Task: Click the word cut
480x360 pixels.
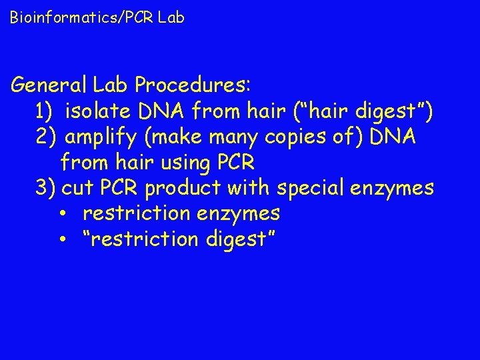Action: (x=77, y=188)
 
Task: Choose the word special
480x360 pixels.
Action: (x=310, y=189)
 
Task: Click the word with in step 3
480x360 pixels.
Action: (x=248, y=188)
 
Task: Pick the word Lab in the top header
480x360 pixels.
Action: (x=172, y=18)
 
